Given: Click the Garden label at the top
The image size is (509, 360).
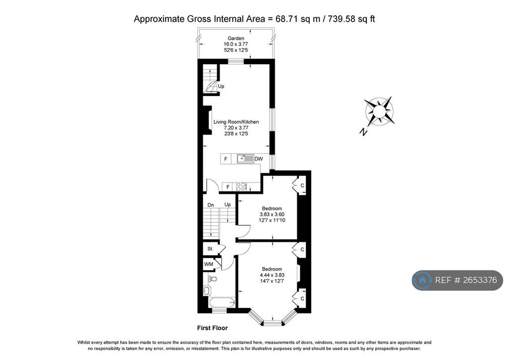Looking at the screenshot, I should click(236, 38).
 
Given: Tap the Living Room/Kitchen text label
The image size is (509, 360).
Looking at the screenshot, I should click(236, 122).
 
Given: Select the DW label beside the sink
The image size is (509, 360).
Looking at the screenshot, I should click(258, 159).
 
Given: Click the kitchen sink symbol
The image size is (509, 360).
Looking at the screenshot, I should click(245, 159).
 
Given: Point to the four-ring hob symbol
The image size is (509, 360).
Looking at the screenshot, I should click(242, 187).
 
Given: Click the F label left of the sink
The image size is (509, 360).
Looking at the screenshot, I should click(226, 159).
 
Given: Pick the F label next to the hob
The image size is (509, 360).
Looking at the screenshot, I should click(228, 187).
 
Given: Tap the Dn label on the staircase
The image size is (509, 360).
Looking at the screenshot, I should click(211, 204).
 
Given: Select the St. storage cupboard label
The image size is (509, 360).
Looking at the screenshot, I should click(210, 249).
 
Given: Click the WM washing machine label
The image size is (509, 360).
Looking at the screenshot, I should click(209, 265).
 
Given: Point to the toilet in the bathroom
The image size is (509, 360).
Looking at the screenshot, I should click(212, 279).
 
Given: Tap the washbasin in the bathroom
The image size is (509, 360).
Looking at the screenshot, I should click(208, 290).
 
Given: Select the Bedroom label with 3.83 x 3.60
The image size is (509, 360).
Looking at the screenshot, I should click(272, 208).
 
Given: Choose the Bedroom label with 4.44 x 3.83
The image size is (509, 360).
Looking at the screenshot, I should click(272, 269).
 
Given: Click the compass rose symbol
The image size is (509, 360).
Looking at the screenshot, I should click(379, 111).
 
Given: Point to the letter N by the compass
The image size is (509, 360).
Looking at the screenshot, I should click(364, 132).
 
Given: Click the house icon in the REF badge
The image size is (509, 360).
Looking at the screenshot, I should click(423, 280).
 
